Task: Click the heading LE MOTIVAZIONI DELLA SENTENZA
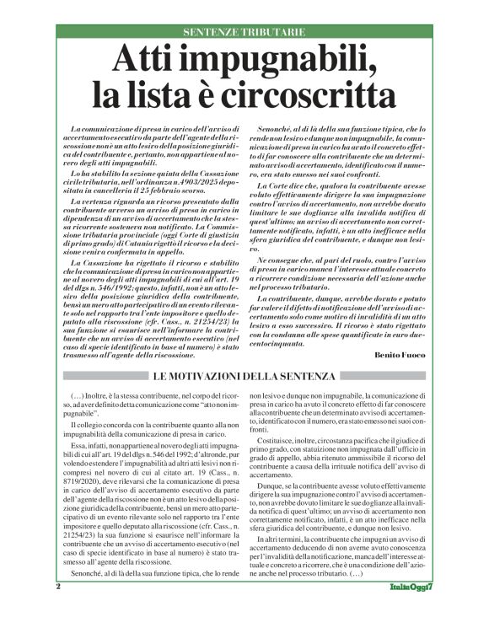[x=244, y=375]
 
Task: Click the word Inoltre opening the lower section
[x=97, y=396]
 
